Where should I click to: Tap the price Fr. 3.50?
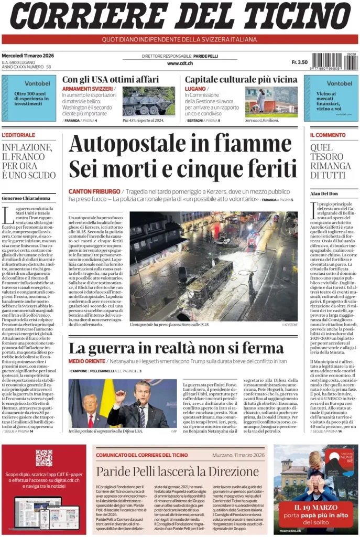(x=299, y=62)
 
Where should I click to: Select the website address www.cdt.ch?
(x=180, y=63)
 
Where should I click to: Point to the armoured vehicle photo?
(x=148, y=100)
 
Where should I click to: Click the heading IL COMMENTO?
(x=328, y=135)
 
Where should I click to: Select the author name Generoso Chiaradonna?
(x=26, y=198)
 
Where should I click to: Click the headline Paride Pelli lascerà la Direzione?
(x=177, y=471)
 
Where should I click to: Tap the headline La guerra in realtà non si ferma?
(x=176, y=348)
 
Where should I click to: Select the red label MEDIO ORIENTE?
(x=86, y=361)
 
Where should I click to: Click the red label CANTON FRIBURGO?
(x=93, y=191)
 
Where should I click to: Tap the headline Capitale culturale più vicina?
(x=241, y=79)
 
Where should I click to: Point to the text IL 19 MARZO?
(x=315, y=508)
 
